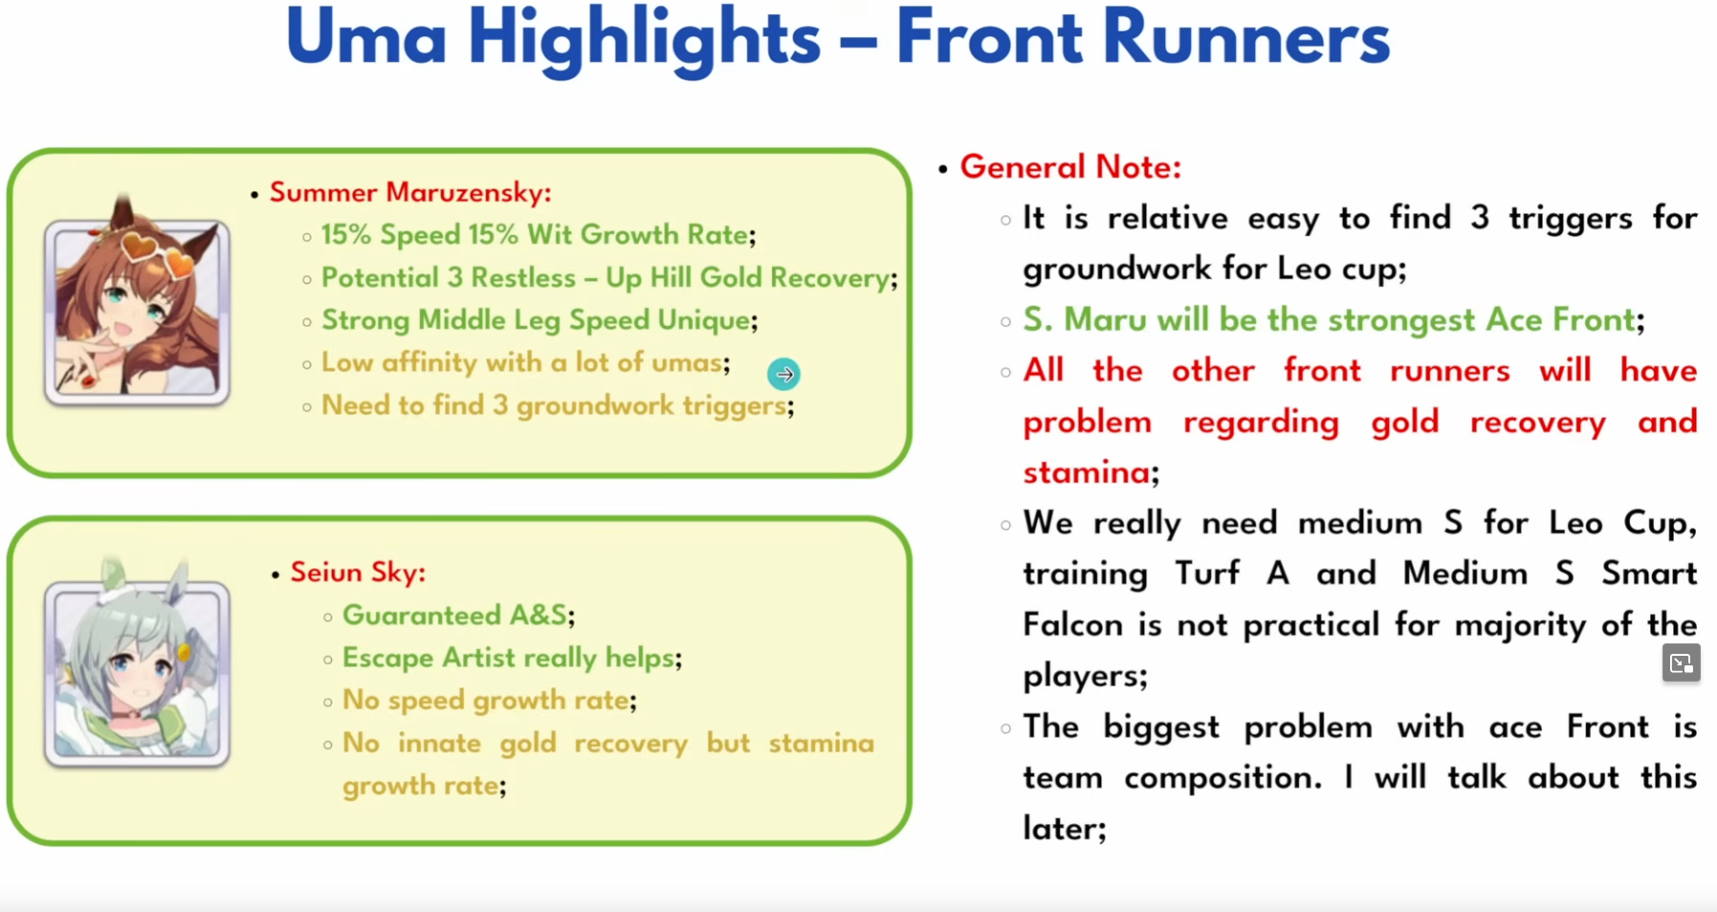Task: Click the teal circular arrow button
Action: [x=784, y=375]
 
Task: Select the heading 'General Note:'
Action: [x=1070, y=167]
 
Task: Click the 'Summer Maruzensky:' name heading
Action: [x=410, y=192]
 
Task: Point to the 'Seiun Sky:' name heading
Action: [x=358, y=572]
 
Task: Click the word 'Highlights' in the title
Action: [x=644, y=40]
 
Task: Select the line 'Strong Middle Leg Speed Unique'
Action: [x=536, y=320]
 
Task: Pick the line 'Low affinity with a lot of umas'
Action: [x=522, y=363]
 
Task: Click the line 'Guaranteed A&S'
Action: [x=455, y=615]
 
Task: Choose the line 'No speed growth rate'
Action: [x=486, y=701]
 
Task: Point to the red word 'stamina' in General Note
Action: [x=1087, y=472]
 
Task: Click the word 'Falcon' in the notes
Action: [x=1072, y=625]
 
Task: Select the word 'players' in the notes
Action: [x=1080, y=677]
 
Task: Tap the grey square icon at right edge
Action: [x=1681, y=663]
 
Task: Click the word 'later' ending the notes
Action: [x=1060, y=828]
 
